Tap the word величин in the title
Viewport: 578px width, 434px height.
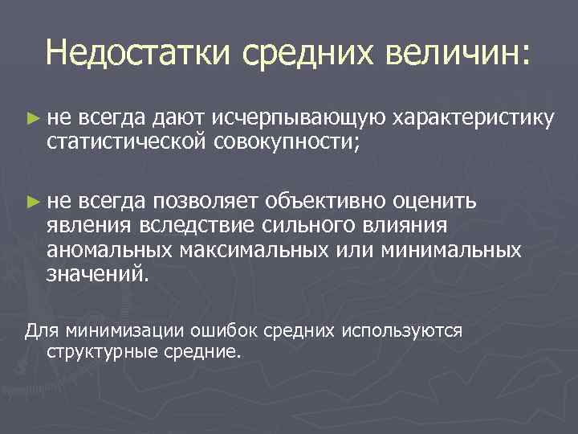456,54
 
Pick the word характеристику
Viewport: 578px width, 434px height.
473,120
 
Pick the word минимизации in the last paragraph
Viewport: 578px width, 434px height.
127,330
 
